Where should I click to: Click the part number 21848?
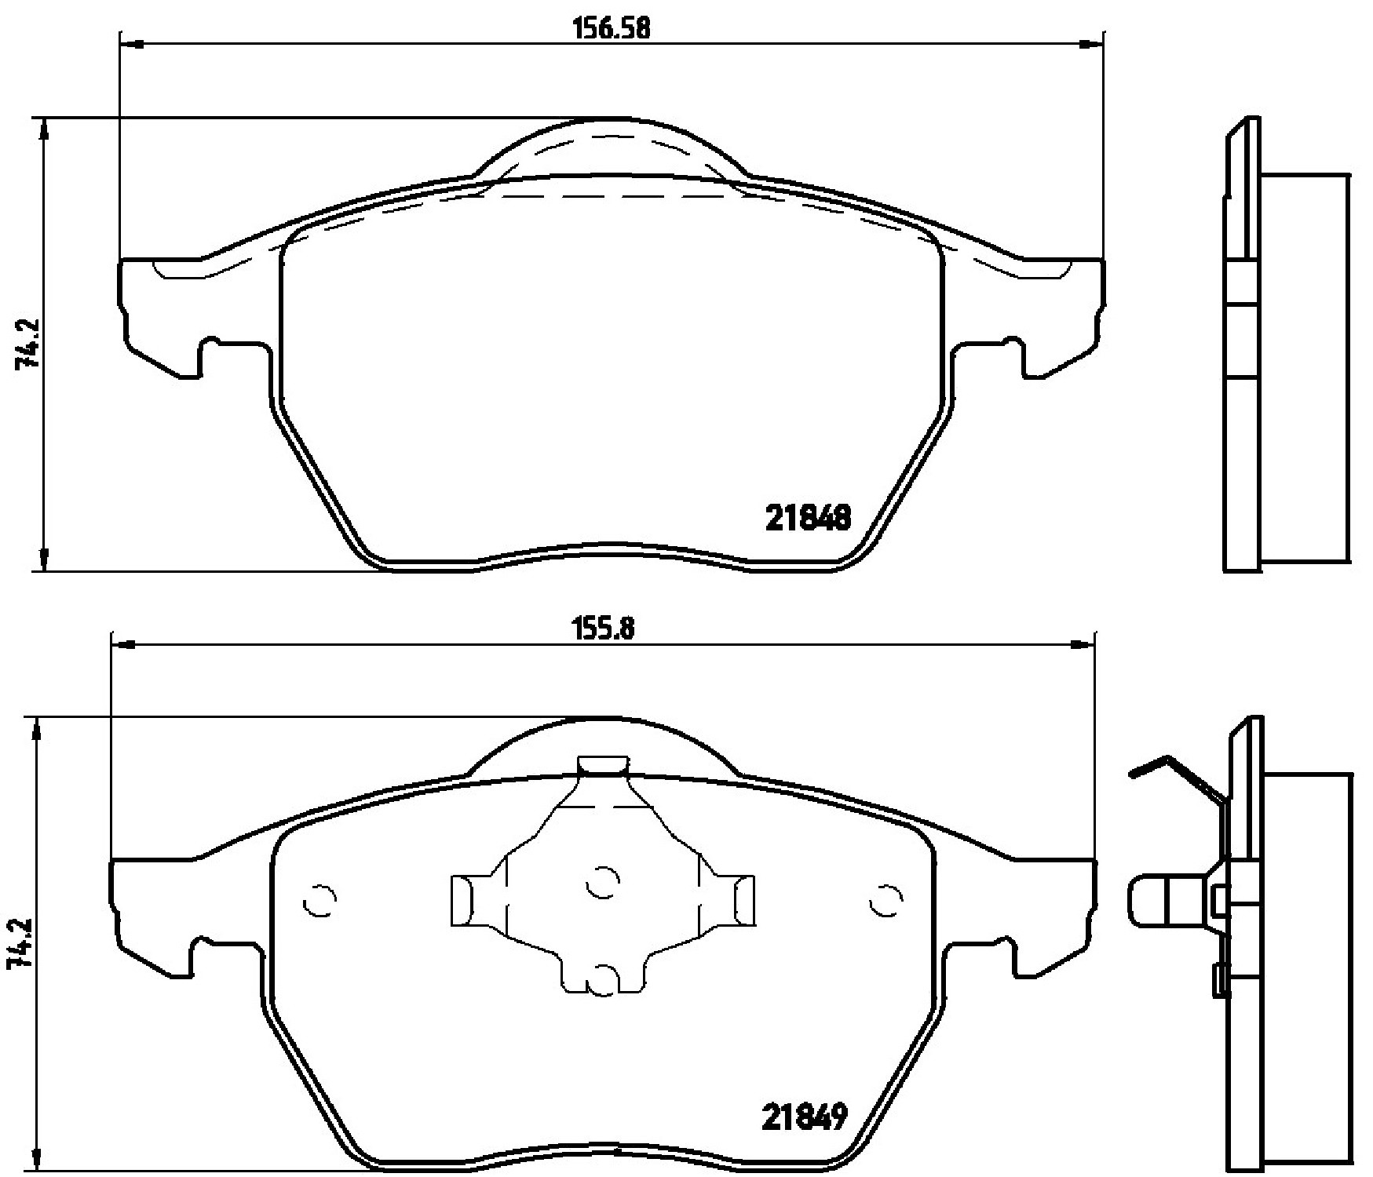(x=808, y=518)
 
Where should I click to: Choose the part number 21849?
(x=805, y=1117)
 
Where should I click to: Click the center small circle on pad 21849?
(x=603, y=884)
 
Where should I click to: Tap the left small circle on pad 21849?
(x=320, y=901)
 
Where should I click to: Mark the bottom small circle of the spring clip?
(x=603, y=981)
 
